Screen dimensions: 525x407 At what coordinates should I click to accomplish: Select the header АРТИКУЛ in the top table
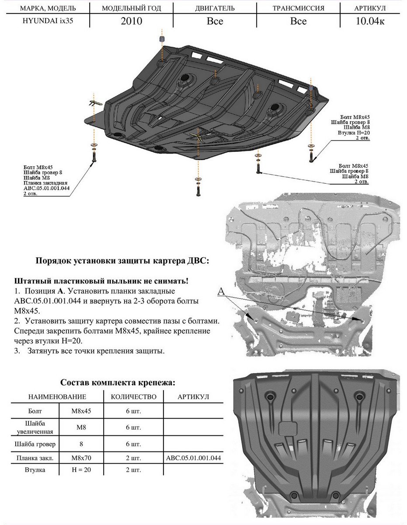coord(370,8)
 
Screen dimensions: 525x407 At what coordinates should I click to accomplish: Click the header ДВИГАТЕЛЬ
coord(215,8)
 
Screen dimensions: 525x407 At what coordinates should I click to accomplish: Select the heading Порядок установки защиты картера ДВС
coord(122,261)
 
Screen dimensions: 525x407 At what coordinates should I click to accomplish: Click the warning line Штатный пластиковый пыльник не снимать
coord(101,280)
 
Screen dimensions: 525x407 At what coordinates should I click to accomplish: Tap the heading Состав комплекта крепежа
coord(118,382)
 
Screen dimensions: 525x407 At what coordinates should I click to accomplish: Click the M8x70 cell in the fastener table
coord(81,458)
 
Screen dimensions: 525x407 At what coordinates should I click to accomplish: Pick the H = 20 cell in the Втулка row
coord(81,470)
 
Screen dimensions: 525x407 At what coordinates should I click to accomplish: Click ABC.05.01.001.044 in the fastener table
coord(193,458)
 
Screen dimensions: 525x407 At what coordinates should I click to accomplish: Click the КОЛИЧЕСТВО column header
coord(134,397)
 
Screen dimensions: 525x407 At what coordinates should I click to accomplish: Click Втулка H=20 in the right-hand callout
coord(353,133)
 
